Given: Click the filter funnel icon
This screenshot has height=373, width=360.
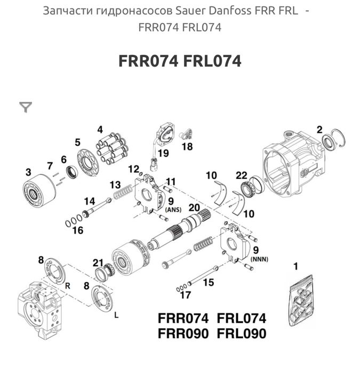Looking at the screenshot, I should tap(25, 108).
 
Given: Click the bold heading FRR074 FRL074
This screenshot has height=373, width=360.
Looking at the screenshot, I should tap(180, 61).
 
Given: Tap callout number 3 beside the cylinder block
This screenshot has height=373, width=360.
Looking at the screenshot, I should tap(28, 172).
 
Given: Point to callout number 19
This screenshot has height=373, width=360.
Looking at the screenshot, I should tap(163, 154).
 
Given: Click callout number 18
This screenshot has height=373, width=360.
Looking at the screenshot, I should tap(187, 145).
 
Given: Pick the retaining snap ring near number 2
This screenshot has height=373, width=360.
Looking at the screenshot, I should tap(336, 139).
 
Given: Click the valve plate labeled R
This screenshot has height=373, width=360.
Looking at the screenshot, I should tap(54, 272).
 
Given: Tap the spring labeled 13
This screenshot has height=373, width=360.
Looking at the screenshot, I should tap(124, 189).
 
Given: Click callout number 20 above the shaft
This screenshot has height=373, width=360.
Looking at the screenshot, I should tap(194, 208).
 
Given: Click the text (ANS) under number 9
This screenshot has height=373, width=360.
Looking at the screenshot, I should tap(174, 210).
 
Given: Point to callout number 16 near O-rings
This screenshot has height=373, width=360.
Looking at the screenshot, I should tap(78, 231).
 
